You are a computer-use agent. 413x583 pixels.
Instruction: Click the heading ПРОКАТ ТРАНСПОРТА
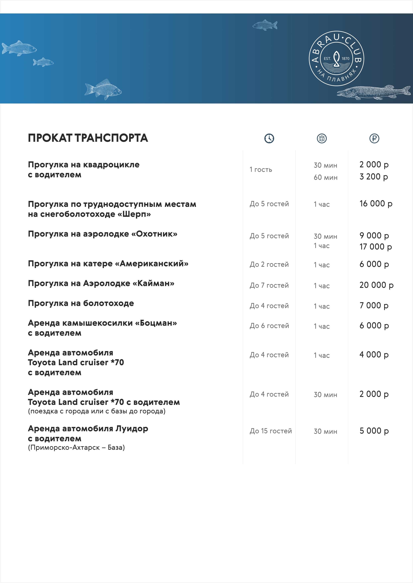coord(88,138)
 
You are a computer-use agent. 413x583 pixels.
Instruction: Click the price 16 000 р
coord(376,204)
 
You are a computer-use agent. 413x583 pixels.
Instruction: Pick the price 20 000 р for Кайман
coord(376,285)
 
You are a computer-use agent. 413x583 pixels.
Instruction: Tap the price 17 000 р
coord(375,247)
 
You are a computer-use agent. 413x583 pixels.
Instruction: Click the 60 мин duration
coord(325,177)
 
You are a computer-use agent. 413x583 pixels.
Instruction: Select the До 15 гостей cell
coord(271,431)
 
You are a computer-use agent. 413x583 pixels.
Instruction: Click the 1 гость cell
coord(261,170)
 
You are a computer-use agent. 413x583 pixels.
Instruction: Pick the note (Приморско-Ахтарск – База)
coord(76,448)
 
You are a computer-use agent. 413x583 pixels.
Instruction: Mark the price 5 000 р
coord(374,431)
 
